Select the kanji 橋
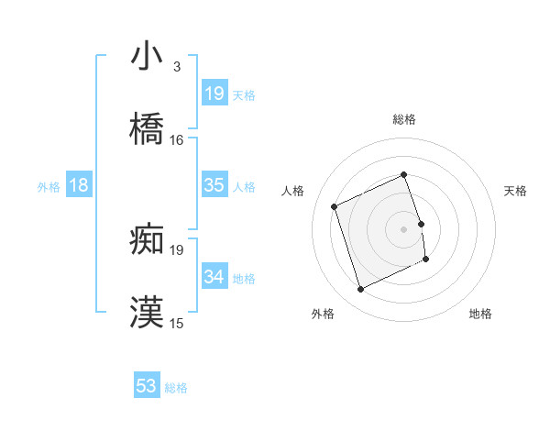coord(147,129)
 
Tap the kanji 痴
coord(147,239)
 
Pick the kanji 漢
coord(147,313)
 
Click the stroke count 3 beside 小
coord(176,67)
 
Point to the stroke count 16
coord(177,140)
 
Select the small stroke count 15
coord(177,324)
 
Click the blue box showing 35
coord(214,185)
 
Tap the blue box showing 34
coord(214,277)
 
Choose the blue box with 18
coord(79,185)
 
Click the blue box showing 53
coord(147,386)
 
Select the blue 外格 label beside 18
coord(49,186)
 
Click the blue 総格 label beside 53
coord(176,388)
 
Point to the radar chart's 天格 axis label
coord(516,191)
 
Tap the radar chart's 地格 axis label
coord(480,315)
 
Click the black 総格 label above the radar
coord(404,119)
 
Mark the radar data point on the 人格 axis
coord(335,206)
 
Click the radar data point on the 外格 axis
coord(360,290)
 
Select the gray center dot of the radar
coord(404,229)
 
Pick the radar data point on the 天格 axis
coord(422,224)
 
